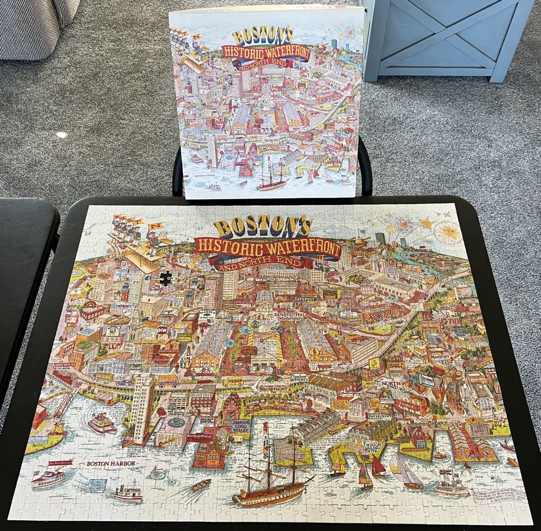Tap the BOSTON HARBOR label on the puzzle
tap(110, 463)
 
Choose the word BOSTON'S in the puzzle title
tap(262, 227)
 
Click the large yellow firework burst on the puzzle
tap(447, 232)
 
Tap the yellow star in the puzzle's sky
tap(427, 223)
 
